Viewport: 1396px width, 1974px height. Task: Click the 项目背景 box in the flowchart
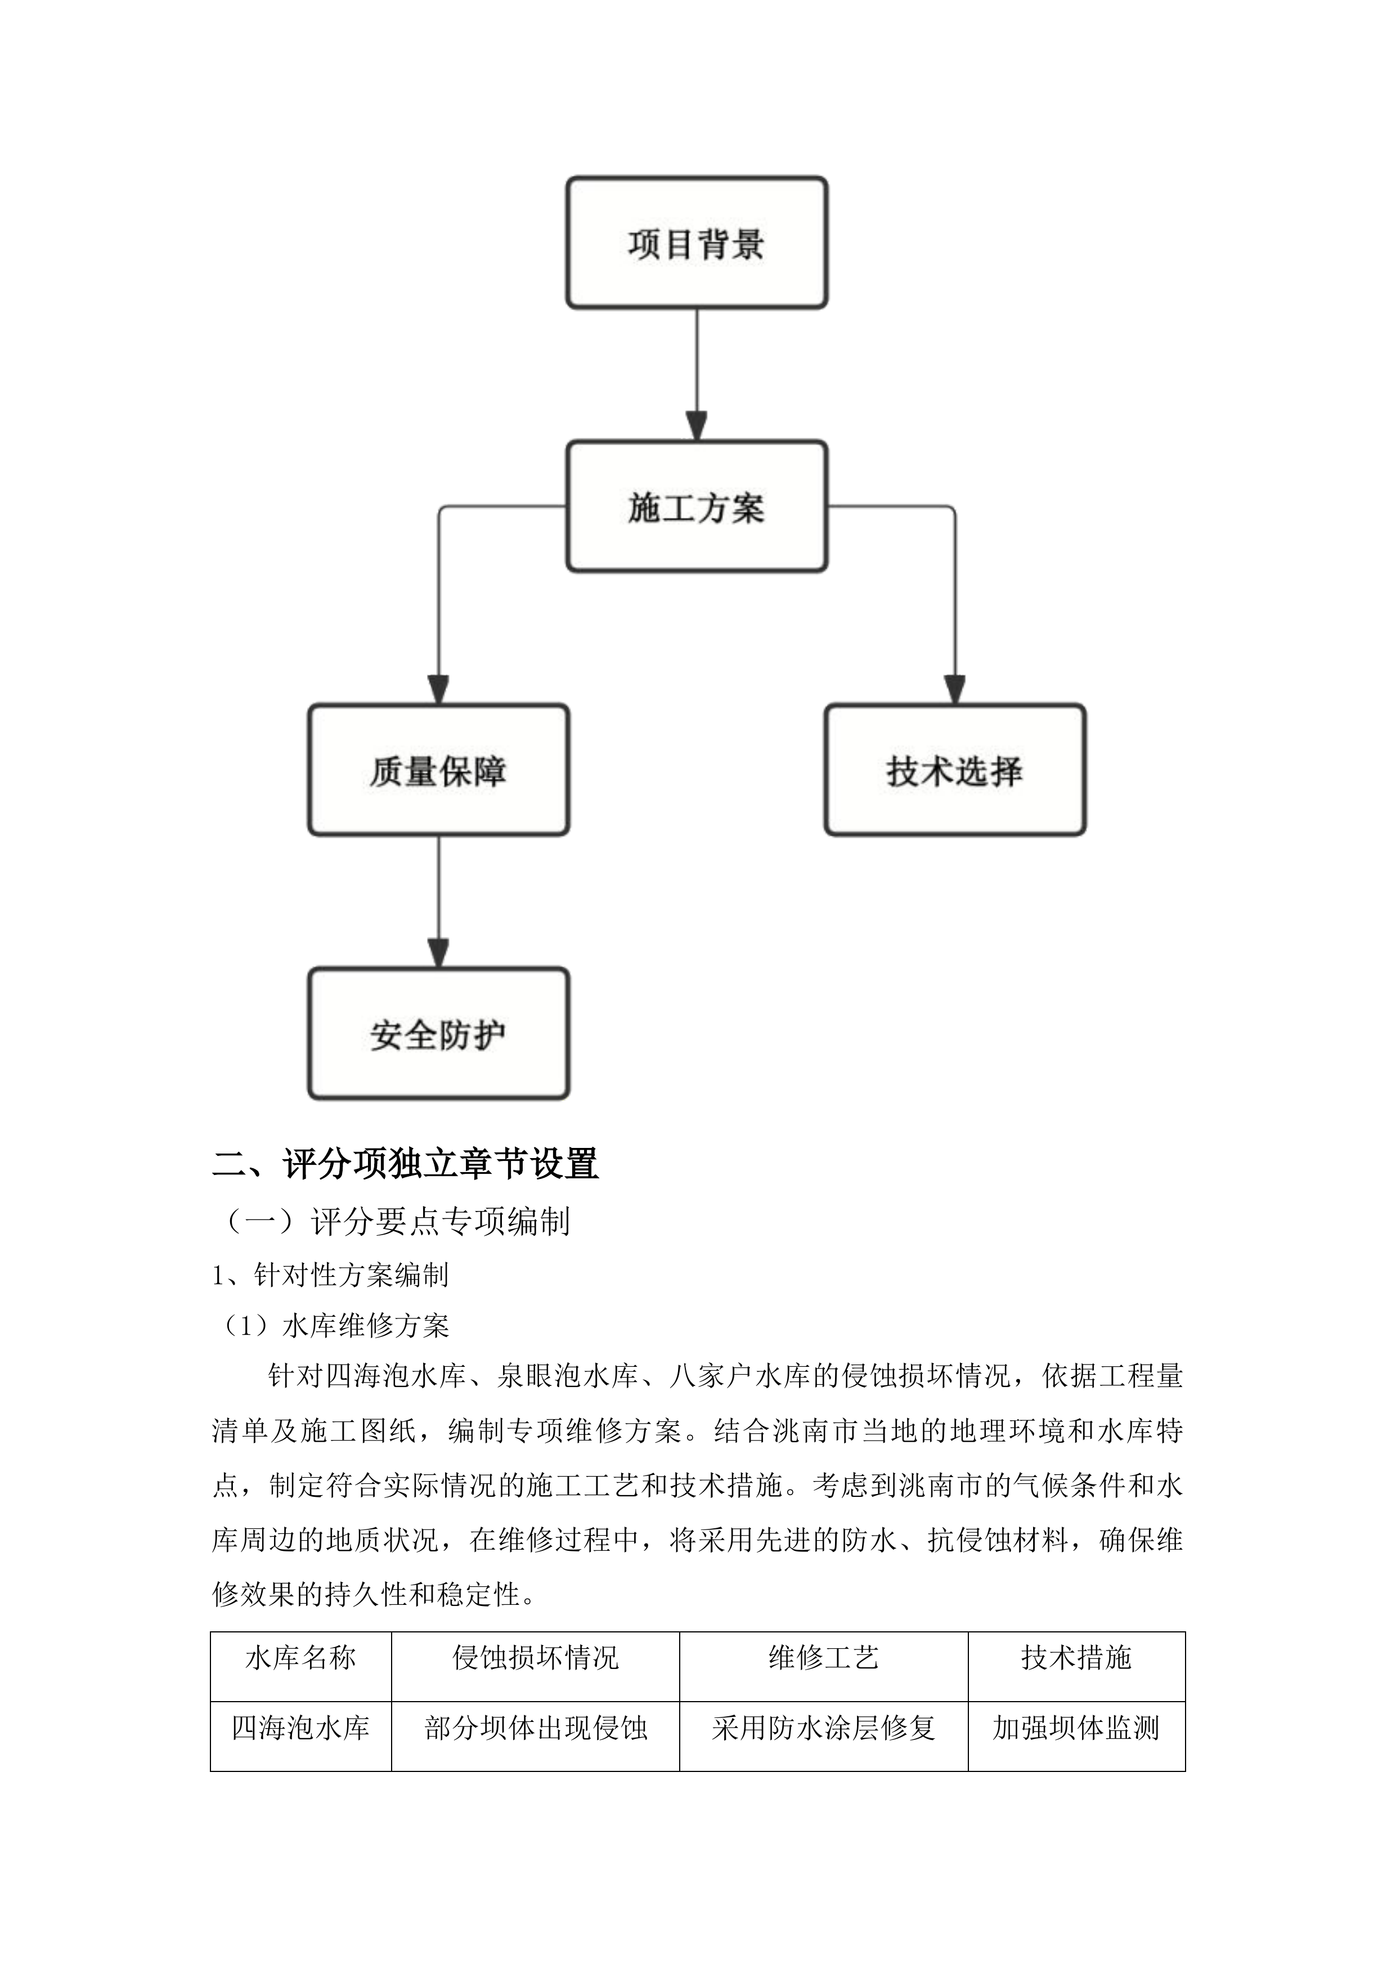[x=696, y=243]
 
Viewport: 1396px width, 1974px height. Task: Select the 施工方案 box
[x=696, y=506]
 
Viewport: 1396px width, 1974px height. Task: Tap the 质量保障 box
[x=438, y=770]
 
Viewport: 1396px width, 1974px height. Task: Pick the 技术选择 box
[x=955, y=770]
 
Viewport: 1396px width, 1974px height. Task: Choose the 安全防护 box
[x=438, y=1034]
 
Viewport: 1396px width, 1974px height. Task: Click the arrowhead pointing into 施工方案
[x=696, y=427]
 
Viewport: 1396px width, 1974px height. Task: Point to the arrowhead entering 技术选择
[x=954, y=689]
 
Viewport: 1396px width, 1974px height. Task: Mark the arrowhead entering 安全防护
[x=438, y=953]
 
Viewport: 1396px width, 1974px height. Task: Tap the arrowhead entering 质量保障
[x=438, y=689]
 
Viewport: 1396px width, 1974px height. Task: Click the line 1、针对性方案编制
[x=330, y=1275]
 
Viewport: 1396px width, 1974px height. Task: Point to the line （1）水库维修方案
[x=332, y=1326]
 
